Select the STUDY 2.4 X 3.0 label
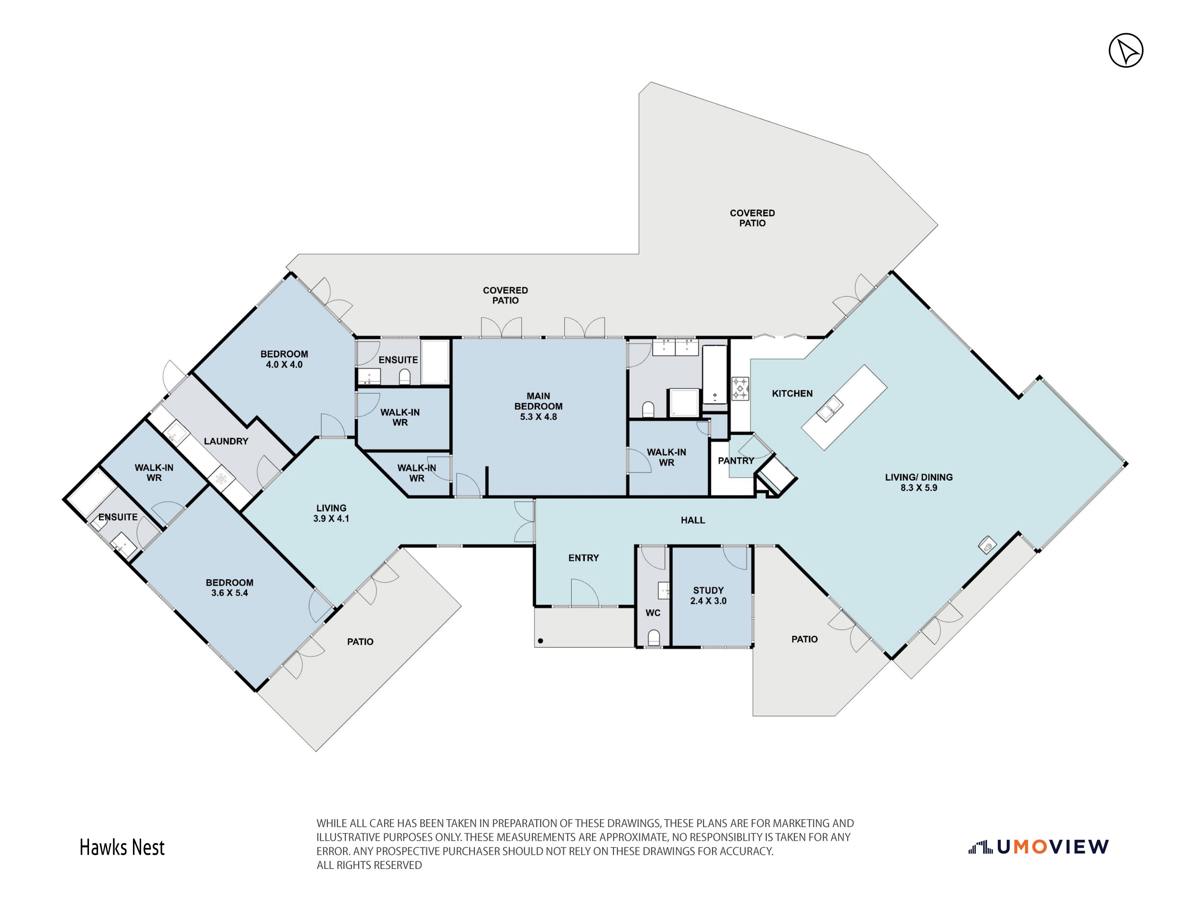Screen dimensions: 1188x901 [x=708, y=595]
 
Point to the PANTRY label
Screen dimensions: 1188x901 [x=736, y=461]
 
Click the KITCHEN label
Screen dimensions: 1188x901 [x=792, y=393]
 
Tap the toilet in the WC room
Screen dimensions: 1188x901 [x=654, y=638]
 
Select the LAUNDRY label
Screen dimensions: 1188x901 [x=226, y=441]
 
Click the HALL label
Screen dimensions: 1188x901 [x=693, y=520]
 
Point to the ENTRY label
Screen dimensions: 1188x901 [x=583, y=558]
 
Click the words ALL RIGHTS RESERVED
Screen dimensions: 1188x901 [x=369, y=865]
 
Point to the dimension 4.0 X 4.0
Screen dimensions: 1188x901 [x=284, y=364]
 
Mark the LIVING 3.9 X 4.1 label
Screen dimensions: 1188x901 [x=332, y=513]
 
